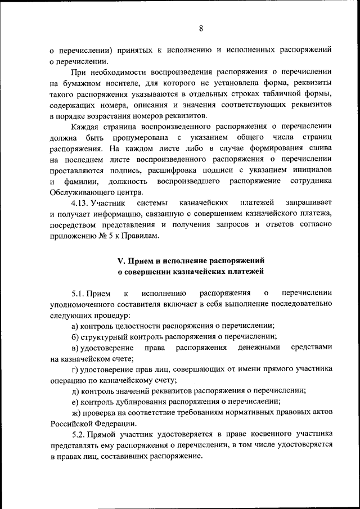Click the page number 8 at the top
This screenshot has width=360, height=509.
[200, 29]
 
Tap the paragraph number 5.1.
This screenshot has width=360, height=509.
[81, 293]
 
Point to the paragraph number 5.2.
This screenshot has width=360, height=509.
[81, 434]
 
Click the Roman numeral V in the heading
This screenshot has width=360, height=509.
[120, 261]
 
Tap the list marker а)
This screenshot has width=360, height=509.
[75, 326]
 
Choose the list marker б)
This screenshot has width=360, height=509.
[75, 336]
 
